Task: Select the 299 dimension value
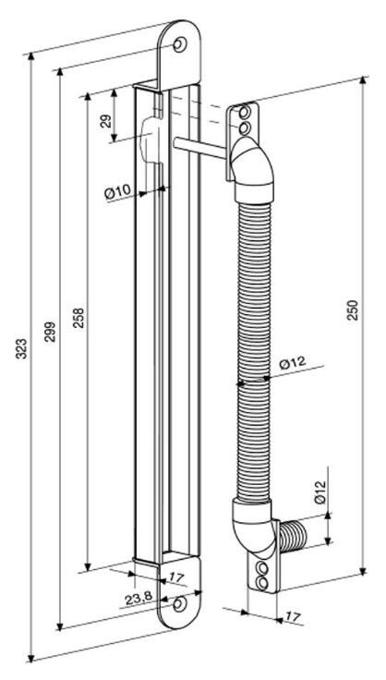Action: click(x=50, y=332)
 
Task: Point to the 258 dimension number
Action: click(x=79, y=318)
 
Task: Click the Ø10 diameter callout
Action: click(x=117, y=191)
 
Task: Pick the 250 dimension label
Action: click(x=354, y=310)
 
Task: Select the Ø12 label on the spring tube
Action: click(x=293, y=363)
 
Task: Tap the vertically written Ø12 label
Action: click(x=320, y=492)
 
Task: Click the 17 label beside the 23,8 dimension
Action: click(x=176, y=577)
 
